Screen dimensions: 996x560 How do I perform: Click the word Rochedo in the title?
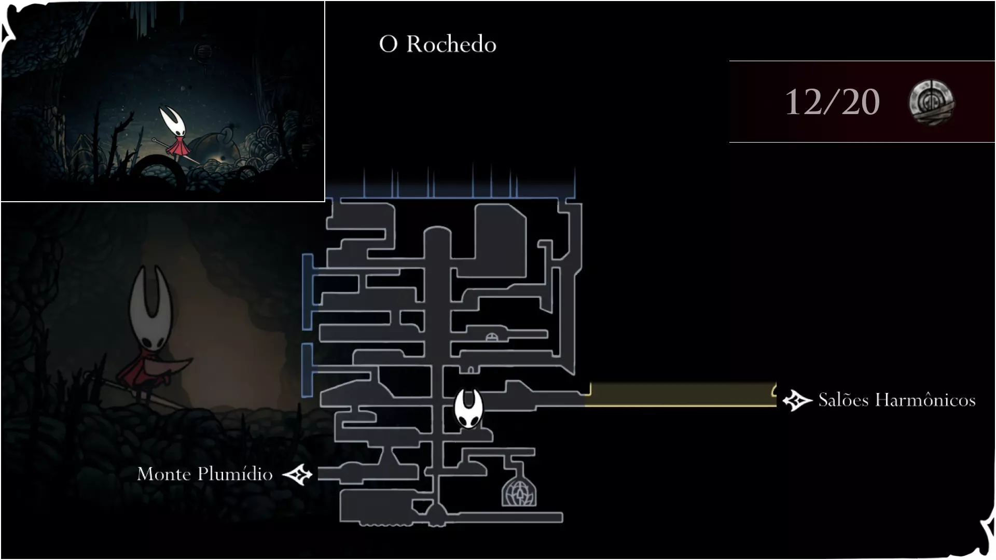click(451, 44)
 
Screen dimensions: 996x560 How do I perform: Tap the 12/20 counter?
click(832, 102)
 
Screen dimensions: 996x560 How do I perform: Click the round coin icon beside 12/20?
click(931, 102)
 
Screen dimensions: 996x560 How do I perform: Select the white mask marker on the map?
click(468, 409)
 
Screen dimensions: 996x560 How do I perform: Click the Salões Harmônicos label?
click(897, 400)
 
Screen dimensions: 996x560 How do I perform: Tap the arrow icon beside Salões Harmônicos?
click(797, 400)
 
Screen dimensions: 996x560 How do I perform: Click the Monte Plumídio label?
click(205, 474)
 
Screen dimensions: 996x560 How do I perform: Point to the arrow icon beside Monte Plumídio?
click(298, 474)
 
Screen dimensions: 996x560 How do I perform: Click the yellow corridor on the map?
click(681, 395)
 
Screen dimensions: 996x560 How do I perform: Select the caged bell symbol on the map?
click(519, 491)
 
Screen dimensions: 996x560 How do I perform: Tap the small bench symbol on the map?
click(492, 338)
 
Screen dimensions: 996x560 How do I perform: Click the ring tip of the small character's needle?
click(154, 140)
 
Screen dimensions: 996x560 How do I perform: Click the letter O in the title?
click(388, 44)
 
